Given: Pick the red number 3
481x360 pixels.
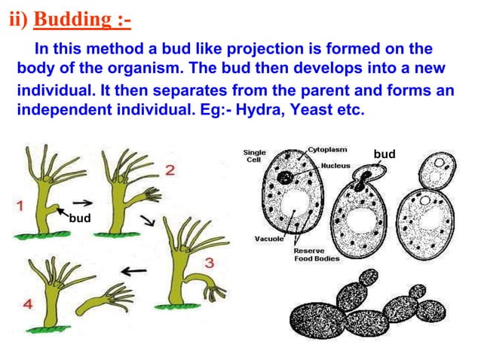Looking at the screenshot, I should coord(210,262).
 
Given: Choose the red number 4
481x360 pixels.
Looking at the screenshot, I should coord(28,305).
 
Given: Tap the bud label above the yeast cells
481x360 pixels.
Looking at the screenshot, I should coord(384,154).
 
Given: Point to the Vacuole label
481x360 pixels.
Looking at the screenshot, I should coord(268,239).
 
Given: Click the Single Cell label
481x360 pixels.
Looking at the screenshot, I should coord(254,156).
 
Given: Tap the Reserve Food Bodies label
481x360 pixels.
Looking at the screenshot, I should coord(316,255).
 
